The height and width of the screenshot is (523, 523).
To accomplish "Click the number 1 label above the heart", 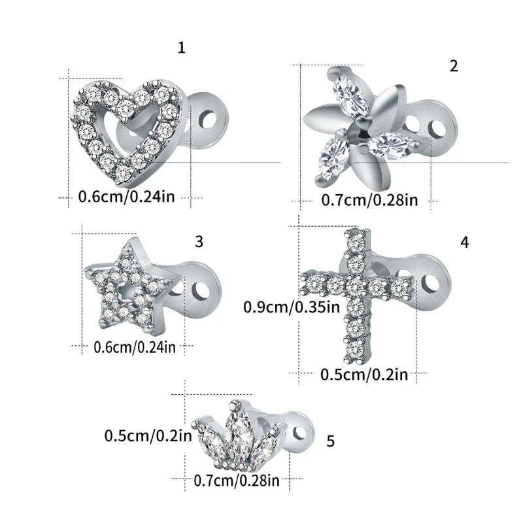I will click(182, 48).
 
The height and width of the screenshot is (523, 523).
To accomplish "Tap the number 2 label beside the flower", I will click(454, 65).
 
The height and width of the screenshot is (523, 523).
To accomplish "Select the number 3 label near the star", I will click(199, 241).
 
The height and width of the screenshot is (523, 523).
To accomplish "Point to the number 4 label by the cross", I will click(464, 242).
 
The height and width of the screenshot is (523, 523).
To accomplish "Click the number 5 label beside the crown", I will click(330, 442).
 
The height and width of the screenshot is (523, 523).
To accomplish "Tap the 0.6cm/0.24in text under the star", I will click(135, 346).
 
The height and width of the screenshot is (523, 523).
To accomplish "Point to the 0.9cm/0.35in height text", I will click(292, 306).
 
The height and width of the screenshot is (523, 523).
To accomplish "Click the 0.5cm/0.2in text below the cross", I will click(363, 375).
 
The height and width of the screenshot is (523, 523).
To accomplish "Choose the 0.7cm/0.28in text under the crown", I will click(237, 481).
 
